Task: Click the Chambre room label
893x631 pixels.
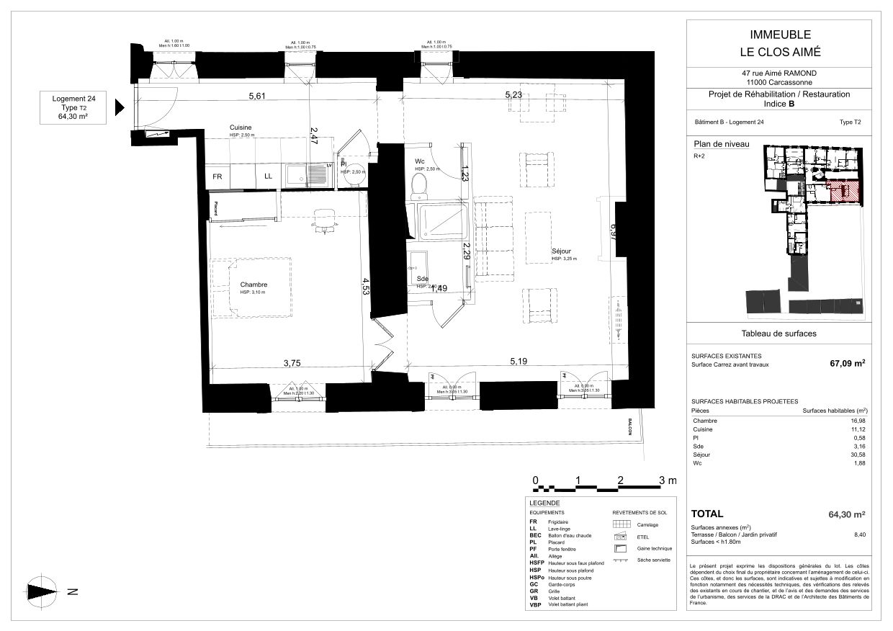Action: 253,284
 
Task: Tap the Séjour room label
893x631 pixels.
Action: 563,251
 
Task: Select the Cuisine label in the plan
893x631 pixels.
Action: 241,127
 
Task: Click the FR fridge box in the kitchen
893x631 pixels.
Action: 217,176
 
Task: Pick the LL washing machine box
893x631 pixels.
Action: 268,176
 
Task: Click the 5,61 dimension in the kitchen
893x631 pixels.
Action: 257,95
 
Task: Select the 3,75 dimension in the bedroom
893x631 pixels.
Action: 291,363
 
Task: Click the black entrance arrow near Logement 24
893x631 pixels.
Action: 120,107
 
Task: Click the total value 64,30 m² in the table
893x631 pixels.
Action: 846,514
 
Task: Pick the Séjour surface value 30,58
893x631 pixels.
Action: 856,455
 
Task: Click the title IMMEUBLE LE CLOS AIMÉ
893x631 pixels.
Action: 781,42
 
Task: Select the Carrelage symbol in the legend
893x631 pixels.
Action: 621,524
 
